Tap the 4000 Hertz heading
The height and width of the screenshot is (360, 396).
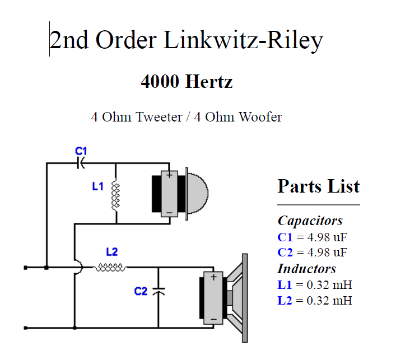(187, 82)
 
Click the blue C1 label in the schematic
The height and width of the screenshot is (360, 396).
(81, 151)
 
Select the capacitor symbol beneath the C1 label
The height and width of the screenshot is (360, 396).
(82, 163)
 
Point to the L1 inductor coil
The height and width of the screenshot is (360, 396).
(116, 194)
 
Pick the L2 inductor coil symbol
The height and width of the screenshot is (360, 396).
(110, 268)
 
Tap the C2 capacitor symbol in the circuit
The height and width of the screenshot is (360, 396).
(159, 292)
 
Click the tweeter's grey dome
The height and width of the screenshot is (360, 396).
(195, 194)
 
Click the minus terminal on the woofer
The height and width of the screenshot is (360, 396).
(213, 319)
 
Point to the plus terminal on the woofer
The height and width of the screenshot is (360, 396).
(213, 277)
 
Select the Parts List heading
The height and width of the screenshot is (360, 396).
(318, 186)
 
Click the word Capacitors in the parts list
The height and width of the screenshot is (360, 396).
(310, 221)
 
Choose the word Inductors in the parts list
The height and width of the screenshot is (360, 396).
(306, 268)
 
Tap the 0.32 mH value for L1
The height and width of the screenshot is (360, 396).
(329, 284)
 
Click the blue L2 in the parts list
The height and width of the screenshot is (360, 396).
(285, 301)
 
